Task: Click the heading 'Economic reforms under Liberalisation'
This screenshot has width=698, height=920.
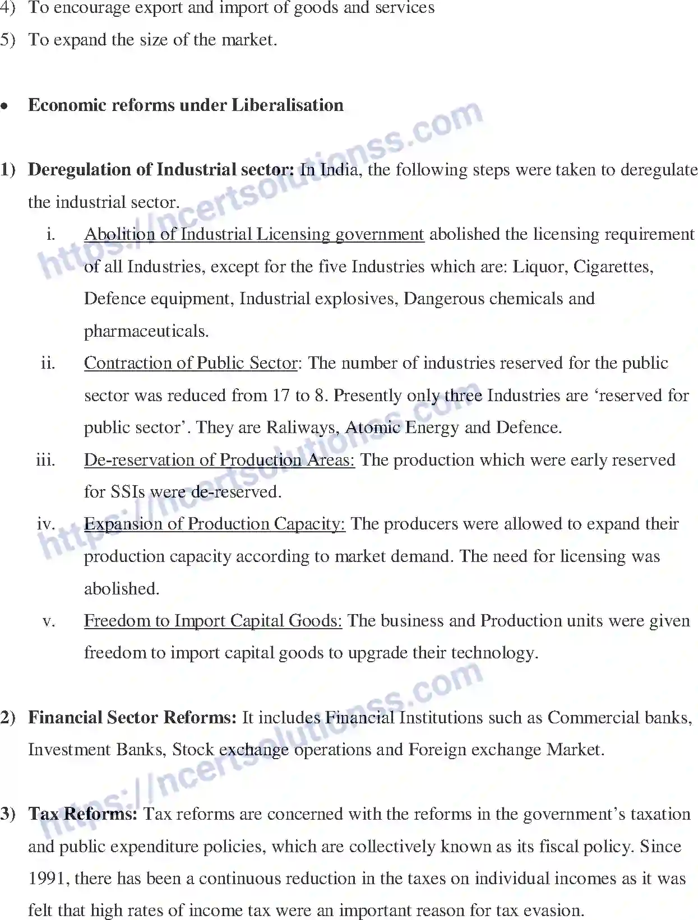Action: tap(186, 105)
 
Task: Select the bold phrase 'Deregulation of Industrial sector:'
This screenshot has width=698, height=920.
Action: tap(161, 170)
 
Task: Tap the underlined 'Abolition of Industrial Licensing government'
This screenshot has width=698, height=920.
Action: tap(253, 234)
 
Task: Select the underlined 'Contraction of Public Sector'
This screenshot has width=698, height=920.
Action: tap(191, 363)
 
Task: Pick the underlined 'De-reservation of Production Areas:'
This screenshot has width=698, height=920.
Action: tap(219, 460)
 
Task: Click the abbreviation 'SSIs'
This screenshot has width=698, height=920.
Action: tap(128, 492)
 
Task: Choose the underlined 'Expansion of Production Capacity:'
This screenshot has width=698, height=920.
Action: tap(214, 524)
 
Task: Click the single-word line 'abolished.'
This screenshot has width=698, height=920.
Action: tap(122, 589)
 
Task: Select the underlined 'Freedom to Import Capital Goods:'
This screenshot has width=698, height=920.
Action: tap(213, 621)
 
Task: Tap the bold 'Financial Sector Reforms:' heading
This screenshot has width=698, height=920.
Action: tap(132, 718)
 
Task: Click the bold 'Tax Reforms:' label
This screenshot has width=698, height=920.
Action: tap(82, 814)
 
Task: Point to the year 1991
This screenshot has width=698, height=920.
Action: tap(48, 879)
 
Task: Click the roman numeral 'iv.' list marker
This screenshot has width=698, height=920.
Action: tap(46, 524)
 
